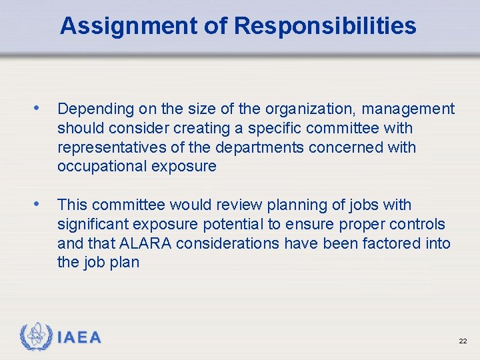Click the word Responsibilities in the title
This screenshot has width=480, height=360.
325,26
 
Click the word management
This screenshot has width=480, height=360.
408,109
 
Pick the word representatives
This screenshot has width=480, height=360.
110,147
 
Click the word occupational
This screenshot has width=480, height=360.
101,167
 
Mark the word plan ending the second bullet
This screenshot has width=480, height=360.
125,263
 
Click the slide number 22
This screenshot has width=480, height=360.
463,341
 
